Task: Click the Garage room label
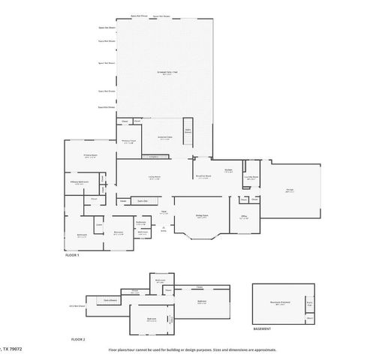coord(290,190)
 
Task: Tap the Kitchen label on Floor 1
coord(227,170)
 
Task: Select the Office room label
coord(244,216)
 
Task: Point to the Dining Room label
coord(202,216)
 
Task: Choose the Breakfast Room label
coord(203,177)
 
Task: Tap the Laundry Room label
coord(254,178)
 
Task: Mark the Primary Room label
coord(90,155)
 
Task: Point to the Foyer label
coord(163,212)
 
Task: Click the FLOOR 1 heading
coord(72,256)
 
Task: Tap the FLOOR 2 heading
coord(78,340)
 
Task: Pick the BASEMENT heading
coord(262,329)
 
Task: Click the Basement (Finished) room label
coord(281,303)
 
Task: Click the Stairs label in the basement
coord(308,303)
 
